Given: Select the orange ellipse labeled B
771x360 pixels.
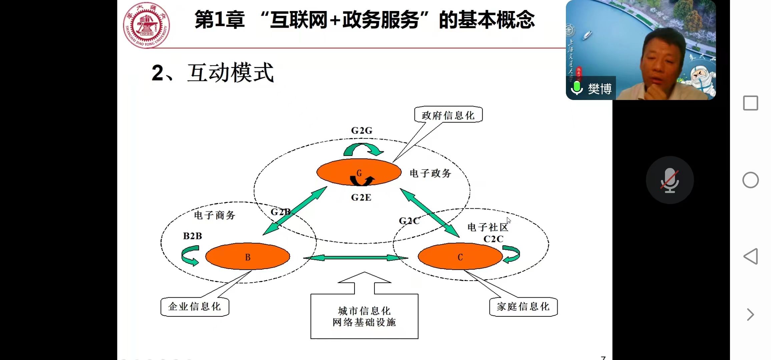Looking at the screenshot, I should pyautogui.click(x=247, y=256).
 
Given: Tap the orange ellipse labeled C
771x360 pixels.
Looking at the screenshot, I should pyautogui.click(x=460, y=256).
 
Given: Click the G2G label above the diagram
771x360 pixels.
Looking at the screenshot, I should pyautogui.click(x=361, y=131).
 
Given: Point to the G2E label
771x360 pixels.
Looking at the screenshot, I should pyautogui.click(x=361, y=198).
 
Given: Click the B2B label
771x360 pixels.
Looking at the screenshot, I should pyautogui.click(x=192, y=236).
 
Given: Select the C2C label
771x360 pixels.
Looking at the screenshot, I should pyautogui.click(x=493, y=239).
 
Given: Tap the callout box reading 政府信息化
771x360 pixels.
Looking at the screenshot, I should pyautogui.click(x=448, y=115).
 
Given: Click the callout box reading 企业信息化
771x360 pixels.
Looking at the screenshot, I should pyautogui.click(x=194, y=307).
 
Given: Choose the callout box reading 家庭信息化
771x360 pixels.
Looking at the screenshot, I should pyautogui.click(x=523, y=307).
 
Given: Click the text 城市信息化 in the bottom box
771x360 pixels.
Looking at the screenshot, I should pyautogui.click(x=364, y=311).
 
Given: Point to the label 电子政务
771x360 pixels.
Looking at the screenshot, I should pyautogui.click(x=430, y=173).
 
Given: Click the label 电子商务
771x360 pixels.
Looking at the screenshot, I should pyautogui.click(x=215, y=215).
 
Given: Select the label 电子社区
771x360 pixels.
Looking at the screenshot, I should pyautogui.click(x=488, y=227).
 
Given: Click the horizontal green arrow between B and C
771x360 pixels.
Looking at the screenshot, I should pyautogui.click(x=355, y=258).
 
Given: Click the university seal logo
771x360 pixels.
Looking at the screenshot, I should pyautogui.click(x=146, y=25).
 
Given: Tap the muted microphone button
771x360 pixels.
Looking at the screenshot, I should pyautogui.click(x=670, y=180).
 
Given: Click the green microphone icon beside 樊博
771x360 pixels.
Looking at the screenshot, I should pyautogui.click(x=577, y=88).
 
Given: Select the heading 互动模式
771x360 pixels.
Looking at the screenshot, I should pyautogui.click(x=230, y=73).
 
